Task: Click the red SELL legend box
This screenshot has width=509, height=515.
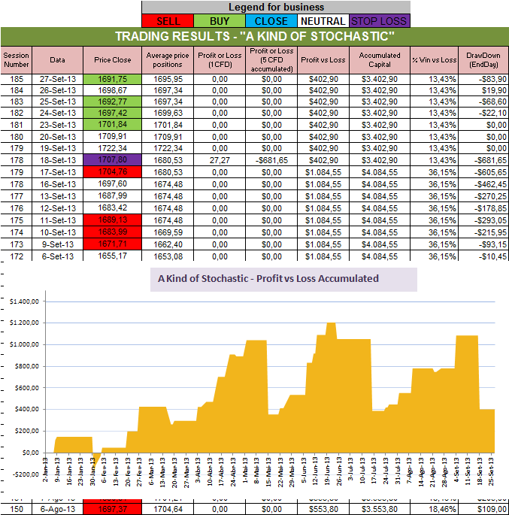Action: (168, 21)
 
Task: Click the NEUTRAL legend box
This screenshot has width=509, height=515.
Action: (323, 21)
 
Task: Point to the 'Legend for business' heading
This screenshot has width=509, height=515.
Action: (277, 7)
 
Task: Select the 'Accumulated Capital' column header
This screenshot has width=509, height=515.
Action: (379, 59)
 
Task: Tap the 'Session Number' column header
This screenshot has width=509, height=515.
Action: (16, 59)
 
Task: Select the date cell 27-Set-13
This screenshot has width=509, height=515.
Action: (57, 78)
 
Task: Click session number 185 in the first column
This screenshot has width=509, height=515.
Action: (16, 78)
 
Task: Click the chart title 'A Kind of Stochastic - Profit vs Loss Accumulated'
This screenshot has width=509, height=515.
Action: (268, 278)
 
